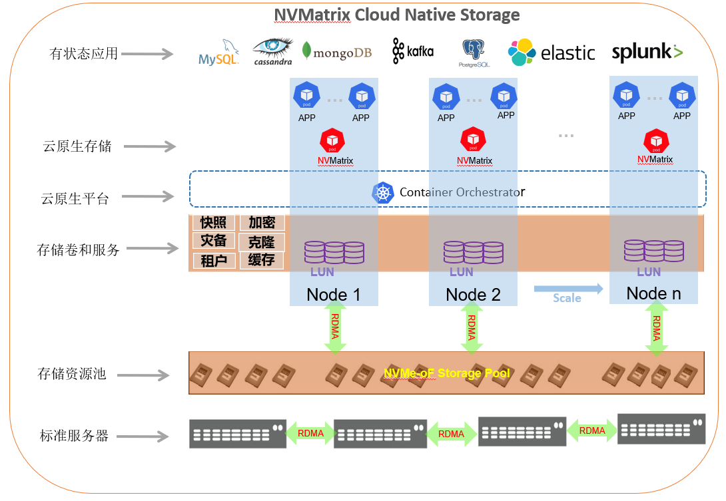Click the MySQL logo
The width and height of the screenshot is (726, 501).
tap(218, 54)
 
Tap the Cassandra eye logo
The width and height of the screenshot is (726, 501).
tap(272, 51)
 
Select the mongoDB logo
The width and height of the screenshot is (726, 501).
tap(336, 52)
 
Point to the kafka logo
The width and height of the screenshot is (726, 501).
tap(413, 51)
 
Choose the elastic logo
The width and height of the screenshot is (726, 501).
tap(551, 53)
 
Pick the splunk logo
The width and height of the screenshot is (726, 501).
tap(647, 53)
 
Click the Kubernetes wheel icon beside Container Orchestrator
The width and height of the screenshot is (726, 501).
tap(383, 192)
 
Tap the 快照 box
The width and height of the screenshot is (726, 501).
tap(214, 223)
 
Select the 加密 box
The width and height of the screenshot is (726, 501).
tap(262, 223)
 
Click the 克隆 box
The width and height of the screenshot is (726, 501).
tap(262, 242)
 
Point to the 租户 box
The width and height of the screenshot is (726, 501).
tap(214, 260)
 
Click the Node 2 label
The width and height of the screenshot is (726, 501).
tap(473, 295)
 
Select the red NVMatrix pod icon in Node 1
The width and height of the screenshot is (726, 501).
tap(332, 140)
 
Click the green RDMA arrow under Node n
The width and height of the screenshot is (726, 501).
tap(657, 327)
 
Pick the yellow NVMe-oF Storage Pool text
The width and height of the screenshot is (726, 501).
tap(446, 373)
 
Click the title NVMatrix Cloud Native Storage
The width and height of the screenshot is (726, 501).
tap(397, 15)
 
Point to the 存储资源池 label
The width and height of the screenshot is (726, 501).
tap(72, 374)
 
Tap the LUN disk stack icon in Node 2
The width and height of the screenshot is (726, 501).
tap(474, 252)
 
